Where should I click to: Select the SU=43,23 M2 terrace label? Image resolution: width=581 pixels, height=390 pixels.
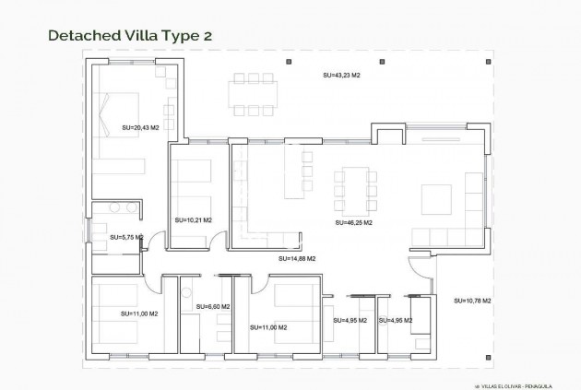(340, 74)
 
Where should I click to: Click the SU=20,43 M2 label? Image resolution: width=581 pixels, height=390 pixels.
(141, 126)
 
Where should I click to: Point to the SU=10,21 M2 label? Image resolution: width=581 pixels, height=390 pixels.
(193, 220)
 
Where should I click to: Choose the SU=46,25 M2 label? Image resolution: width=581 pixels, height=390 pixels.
(353, 222)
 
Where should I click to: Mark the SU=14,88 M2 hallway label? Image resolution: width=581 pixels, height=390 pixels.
(297, 259)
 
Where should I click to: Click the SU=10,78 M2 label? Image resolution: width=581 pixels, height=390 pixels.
(472, 301)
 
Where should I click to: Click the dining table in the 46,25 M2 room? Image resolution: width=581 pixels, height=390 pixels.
(354, 185)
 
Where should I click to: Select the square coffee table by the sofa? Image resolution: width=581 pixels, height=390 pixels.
(434, 199)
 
